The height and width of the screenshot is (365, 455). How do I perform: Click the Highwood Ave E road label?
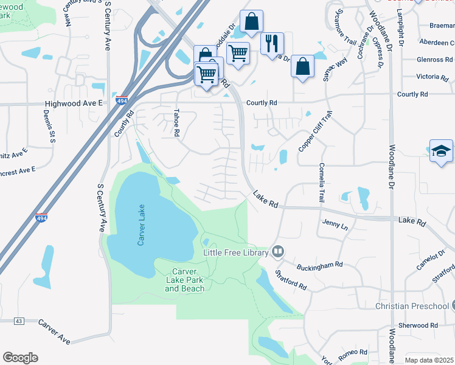(x=72, y=104)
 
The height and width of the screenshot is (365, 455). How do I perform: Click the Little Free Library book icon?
(x=278, y=251)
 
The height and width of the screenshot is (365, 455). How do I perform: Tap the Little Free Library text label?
(x=235, y=252)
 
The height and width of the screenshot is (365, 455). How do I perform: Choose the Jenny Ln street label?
(x=335, y=226)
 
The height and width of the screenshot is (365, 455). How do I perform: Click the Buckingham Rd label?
(x=320, y=266)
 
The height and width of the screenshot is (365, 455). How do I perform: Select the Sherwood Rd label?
(x=418, y=325)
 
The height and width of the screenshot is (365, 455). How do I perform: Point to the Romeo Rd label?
(x=353, y=352)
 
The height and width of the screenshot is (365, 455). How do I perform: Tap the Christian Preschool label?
(x=411, y=306)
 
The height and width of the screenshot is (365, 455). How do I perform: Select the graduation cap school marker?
(x=441, y=151)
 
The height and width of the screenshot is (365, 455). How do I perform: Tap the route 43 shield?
(x=19, y=321)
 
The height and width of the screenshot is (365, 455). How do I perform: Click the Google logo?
(x=20, y=358)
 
